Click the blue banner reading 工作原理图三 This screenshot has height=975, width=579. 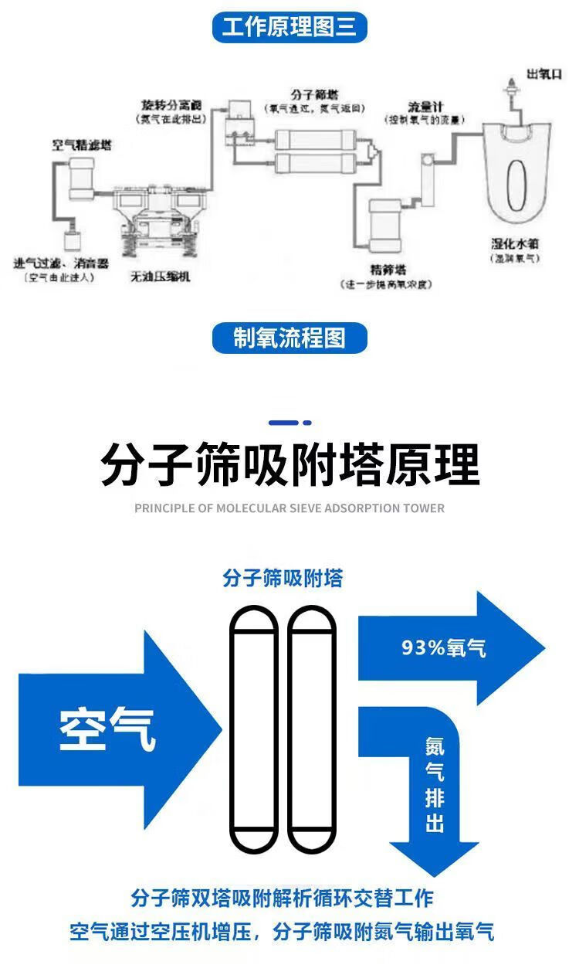[289, 28]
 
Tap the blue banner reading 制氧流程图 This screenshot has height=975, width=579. [289, 338]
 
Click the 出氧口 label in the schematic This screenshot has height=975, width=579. [543, 73]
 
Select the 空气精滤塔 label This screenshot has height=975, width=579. [81, 144]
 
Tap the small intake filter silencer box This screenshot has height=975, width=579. [74, 239]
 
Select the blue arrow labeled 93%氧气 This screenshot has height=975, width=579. [448, 647]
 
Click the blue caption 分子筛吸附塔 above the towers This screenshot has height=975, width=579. [283, 578]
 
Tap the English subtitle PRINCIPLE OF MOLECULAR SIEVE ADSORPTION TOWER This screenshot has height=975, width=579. [289, 508]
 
